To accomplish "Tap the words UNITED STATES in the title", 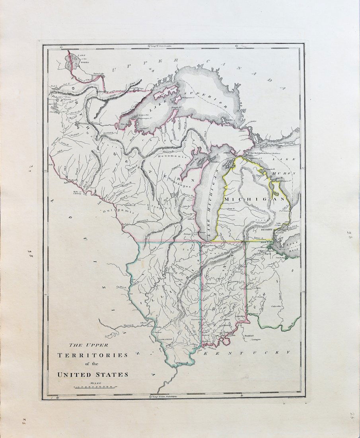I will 93,374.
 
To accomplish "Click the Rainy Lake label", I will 98,73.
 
